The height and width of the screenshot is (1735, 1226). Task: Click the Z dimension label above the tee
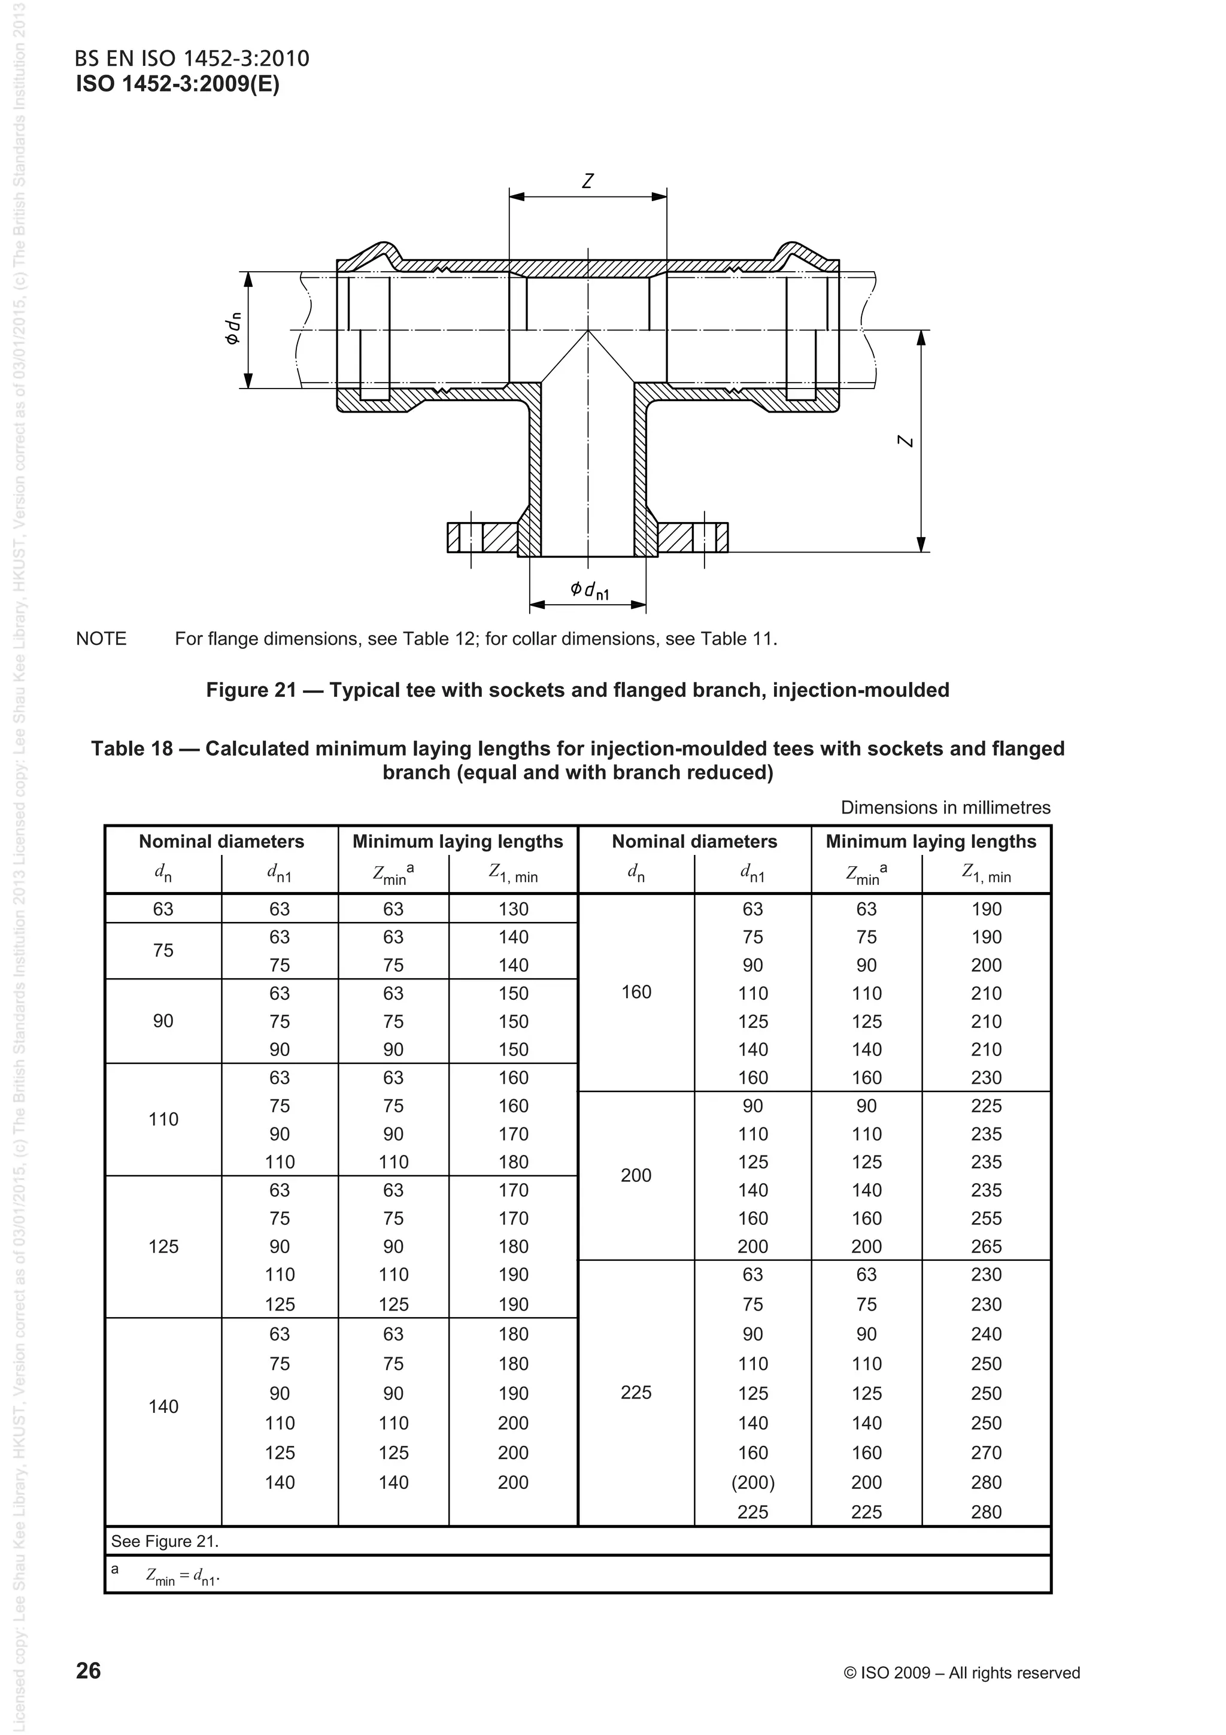[x=588, y=181]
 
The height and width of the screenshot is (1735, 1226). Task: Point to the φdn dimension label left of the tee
[x=233, y=329]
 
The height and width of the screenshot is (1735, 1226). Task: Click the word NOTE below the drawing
[x=101, y=639]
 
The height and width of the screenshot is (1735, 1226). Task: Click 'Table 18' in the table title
[x=132, y=748]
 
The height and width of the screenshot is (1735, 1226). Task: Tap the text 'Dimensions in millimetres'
[x=945, y=807]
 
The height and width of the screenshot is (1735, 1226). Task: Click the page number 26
[x=89, y=1671]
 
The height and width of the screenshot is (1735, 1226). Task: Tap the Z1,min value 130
[x=513, y=909]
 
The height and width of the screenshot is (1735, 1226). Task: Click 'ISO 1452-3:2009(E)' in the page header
[x=178, y=84]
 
